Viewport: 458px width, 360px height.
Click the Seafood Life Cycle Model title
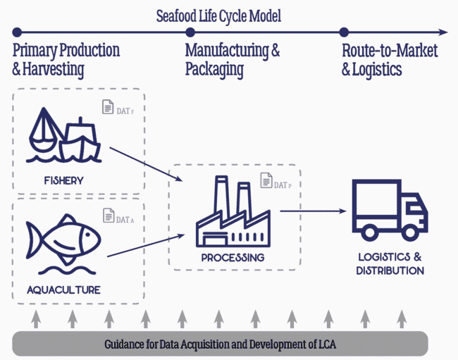coord(218,15)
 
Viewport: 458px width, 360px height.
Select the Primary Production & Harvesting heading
coord(66,60)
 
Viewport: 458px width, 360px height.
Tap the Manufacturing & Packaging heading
coord(233,60)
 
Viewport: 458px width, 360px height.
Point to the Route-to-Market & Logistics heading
coord(390,60)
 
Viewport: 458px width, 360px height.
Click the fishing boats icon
coord(63,137)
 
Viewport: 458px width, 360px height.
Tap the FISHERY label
coord(62,180)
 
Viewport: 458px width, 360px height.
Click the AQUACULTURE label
coord(63,290)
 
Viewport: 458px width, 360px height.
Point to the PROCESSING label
coord(233,258)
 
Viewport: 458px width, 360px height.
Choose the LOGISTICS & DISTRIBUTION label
coord(390,264)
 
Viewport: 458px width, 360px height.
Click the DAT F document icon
coord(109,108)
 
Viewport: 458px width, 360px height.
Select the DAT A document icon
coord(109,215)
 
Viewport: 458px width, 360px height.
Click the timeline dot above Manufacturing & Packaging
coord(190,32)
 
